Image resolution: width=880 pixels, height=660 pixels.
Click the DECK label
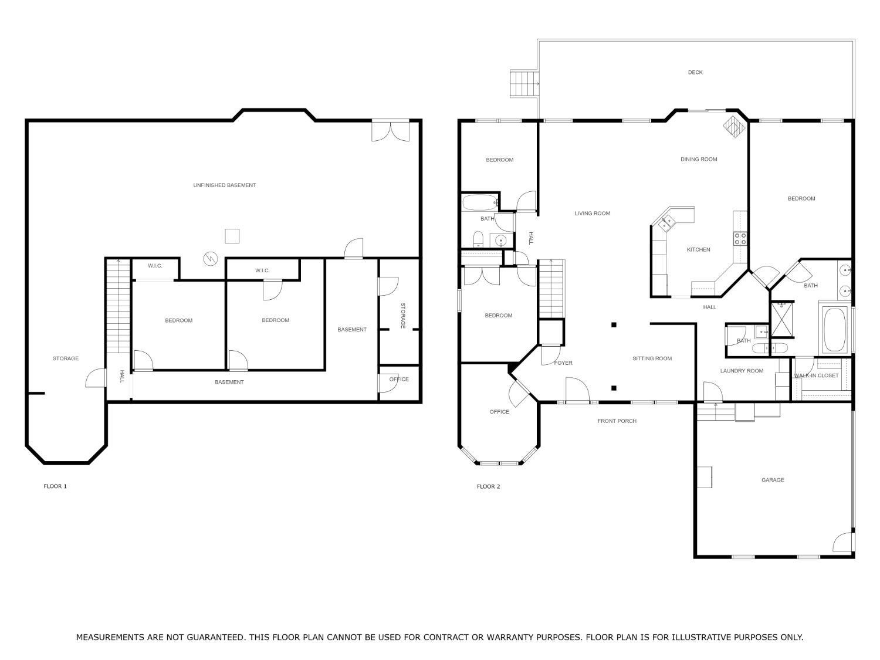(x=695, y=72)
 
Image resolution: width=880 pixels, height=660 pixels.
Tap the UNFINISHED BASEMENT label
(x=225, y=185)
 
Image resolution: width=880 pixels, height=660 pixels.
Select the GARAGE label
(x=773, y=480)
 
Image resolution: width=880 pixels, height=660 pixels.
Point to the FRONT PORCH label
(x=617, y=421)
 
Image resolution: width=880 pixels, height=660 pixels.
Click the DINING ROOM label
(x=699, y=159)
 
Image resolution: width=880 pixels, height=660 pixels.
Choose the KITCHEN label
(x=698, y=249)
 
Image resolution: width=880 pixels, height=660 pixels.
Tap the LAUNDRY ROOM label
(x=742, y=371)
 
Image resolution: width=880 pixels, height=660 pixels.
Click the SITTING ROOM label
(x=652, y=358)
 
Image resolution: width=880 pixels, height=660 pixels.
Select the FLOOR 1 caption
(x=55, y=486)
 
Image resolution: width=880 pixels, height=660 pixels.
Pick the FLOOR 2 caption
(x=488, y=486)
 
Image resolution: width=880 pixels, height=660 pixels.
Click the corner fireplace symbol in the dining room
(x=734, y=127)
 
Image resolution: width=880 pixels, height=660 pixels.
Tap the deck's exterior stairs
(x=524, y=84)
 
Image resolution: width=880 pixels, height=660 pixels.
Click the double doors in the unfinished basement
(x=391, y=131)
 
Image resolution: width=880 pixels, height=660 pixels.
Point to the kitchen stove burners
(x=740, y=239)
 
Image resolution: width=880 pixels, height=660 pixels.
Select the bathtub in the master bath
(x=834, y=330)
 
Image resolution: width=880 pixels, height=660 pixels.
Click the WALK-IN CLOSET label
(x=816, y=375)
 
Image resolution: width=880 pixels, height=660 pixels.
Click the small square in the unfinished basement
(x=232, y=236)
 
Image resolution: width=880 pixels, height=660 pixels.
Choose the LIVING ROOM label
(x=592, y=213)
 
